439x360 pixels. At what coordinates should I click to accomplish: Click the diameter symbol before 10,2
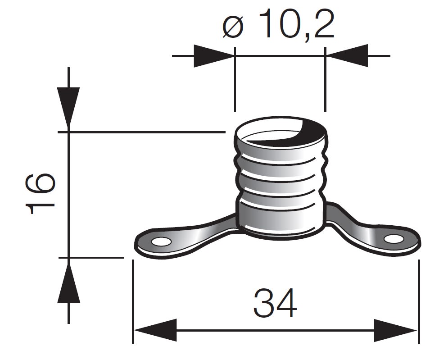233,27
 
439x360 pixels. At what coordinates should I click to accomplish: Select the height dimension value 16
42,194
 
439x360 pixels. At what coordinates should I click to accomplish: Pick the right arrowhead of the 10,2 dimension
347,56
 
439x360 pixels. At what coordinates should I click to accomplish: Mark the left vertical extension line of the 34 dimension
133,302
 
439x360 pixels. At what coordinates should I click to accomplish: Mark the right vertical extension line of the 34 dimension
419,302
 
